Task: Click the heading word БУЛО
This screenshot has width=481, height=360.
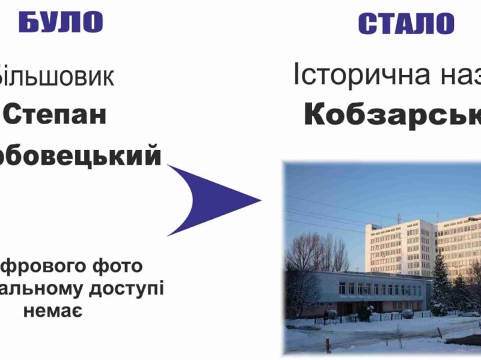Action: tap(61, 22)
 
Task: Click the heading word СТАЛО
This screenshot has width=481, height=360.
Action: tap(406, 24)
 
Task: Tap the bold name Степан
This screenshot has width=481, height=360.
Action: tap(55, 114)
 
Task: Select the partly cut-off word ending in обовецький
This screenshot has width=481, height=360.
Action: tap(80, 156)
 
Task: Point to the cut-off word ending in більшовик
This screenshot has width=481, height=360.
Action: tap(57, 76)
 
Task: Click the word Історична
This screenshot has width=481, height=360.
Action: tap(358, 75)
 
